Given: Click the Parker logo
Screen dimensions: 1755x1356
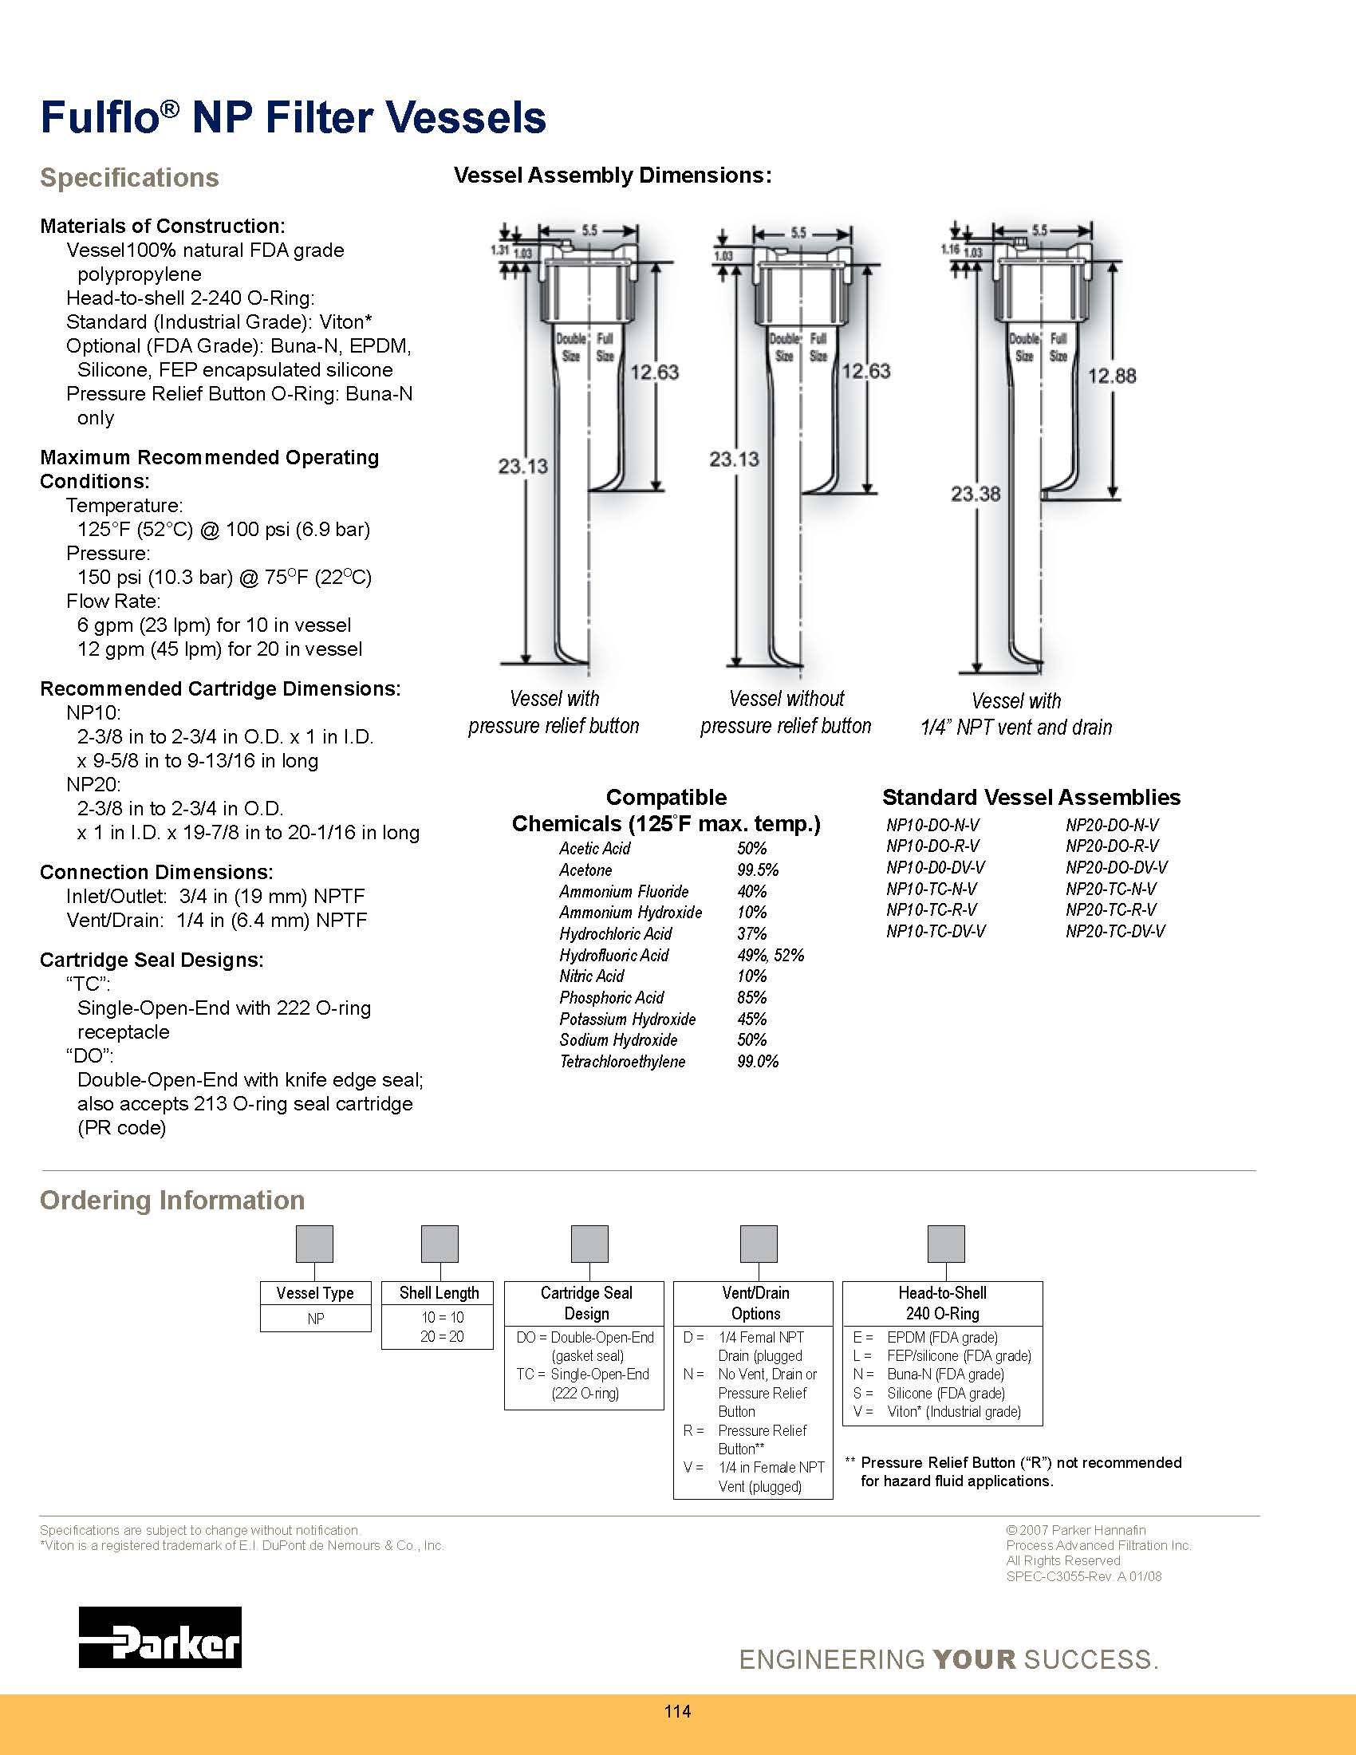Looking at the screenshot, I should click(160, 1636).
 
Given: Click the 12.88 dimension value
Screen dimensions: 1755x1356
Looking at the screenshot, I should click(1111, 376).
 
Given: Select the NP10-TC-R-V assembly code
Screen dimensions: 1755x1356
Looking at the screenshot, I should click(932, 909).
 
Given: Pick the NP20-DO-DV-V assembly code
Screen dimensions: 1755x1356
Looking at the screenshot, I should click(1116, 867).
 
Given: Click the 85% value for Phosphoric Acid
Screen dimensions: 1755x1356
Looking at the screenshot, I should click(752, 997).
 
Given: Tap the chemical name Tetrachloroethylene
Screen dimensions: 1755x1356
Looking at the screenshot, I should click(623, 1062).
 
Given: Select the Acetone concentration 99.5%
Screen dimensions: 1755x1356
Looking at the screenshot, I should click(758, 870).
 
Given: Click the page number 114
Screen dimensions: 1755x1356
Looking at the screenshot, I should click(677, 1711).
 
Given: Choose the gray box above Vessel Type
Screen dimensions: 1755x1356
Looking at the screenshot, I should click(315, 1244).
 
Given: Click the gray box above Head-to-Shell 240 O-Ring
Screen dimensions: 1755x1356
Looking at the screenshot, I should click(945, 1244).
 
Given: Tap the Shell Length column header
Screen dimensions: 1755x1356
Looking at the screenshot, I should click(439, 1293).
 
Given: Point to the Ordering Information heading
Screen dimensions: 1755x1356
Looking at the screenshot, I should click(172, 1200).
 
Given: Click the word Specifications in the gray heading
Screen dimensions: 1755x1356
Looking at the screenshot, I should click(129, 178).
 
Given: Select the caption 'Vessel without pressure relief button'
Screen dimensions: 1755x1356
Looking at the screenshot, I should click(786, 712).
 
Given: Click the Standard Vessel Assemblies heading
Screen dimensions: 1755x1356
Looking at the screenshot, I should click(1031, 797).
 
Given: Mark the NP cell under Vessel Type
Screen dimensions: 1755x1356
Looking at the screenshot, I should click(316, 1319).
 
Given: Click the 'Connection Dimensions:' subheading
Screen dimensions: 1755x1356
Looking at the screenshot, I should click(156, 872).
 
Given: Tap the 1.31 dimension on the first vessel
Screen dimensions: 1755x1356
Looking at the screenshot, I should click(499, 250).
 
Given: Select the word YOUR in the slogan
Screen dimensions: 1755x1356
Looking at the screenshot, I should click(975, 1659).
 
